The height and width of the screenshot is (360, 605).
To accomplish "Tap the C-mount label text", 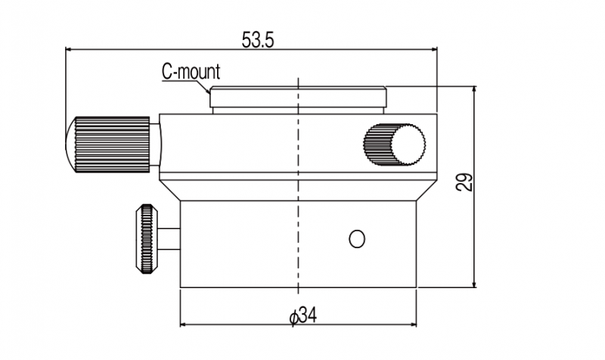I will click(x=191, y=73).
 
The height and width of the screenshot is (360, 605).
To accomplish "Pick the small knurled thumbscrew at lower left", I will click(x=146, y=239).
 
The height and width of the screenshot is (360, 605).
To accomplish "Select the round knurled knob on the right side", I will click(x=395, y=143).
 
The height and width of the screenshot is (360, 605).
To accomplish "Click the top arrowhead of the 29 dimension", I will click(x=474, y=91).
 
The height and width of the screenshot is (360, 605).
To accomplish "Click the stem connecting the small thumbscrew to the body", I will click(x=170, y=239).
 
